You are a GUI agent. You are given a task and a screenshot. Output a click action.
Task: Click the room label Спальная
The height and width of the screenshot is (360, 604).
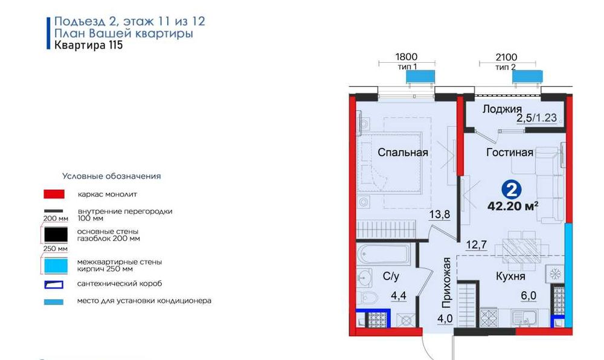(402, 152)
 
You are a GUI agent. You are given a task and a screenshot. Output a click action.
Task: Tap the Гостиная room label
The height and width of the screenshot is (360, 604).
(510, 152)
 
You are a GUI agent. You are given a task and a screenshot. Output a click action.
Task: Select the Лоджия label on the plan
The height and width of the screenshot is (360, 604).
(503, 109)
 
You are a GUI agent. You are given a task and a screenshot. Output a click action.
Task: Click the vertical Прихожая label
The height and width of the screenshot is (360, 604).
(446, 283)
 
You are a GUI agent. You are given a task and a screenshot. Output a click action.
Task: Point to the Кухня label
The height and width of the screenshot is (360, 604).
(510, 277)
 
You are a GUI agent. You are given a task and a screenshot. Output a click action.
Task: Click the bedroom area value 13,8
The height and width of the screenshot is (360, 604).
(440, 214)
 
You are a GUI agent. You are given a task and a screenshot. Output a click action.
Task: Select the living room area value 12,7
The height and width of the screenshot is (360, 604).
(476, 245)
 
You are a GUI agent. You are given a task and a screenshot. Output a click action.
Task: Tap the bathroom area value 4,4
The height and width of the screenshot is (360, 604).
(399, 296)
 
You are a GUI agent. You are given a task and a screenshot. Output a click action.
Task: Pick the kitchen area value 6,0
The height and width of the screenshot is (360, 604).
(528, 296)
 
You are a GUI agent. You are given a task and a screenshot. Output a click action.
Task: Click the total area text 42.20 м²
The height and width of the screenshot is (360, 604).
(513, 207)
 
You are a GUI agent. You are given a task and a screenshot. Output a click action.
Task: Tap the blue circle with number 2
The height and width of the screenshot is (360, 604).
(512, 190)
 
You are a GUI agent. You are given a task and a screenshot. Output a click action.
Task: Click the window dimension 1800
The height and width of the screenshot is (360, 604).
(406, 57)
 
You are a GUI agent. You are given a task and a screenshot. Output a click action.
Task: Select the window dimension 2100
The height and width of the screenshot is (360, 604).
(506, 57)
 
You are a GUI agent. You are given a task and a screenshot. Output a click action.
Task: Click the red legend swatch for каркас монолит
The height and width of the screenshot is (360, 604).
(54, 194)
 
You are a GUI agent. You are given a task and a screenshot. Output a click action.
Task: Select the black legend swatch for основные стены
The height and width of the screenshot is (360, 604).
(56, 234)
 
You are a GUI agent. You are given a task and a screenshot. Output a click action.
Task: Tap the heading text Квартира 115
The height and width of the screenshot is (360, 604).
(89, 45)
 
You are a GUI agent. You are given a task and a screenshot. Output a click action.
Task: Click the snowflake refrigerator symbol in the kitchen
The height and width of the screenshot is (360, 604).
(554, 274)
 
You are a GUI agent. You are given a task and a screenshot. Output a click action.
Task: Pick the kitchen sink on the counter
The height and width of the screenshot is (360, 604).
(524, 318)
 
